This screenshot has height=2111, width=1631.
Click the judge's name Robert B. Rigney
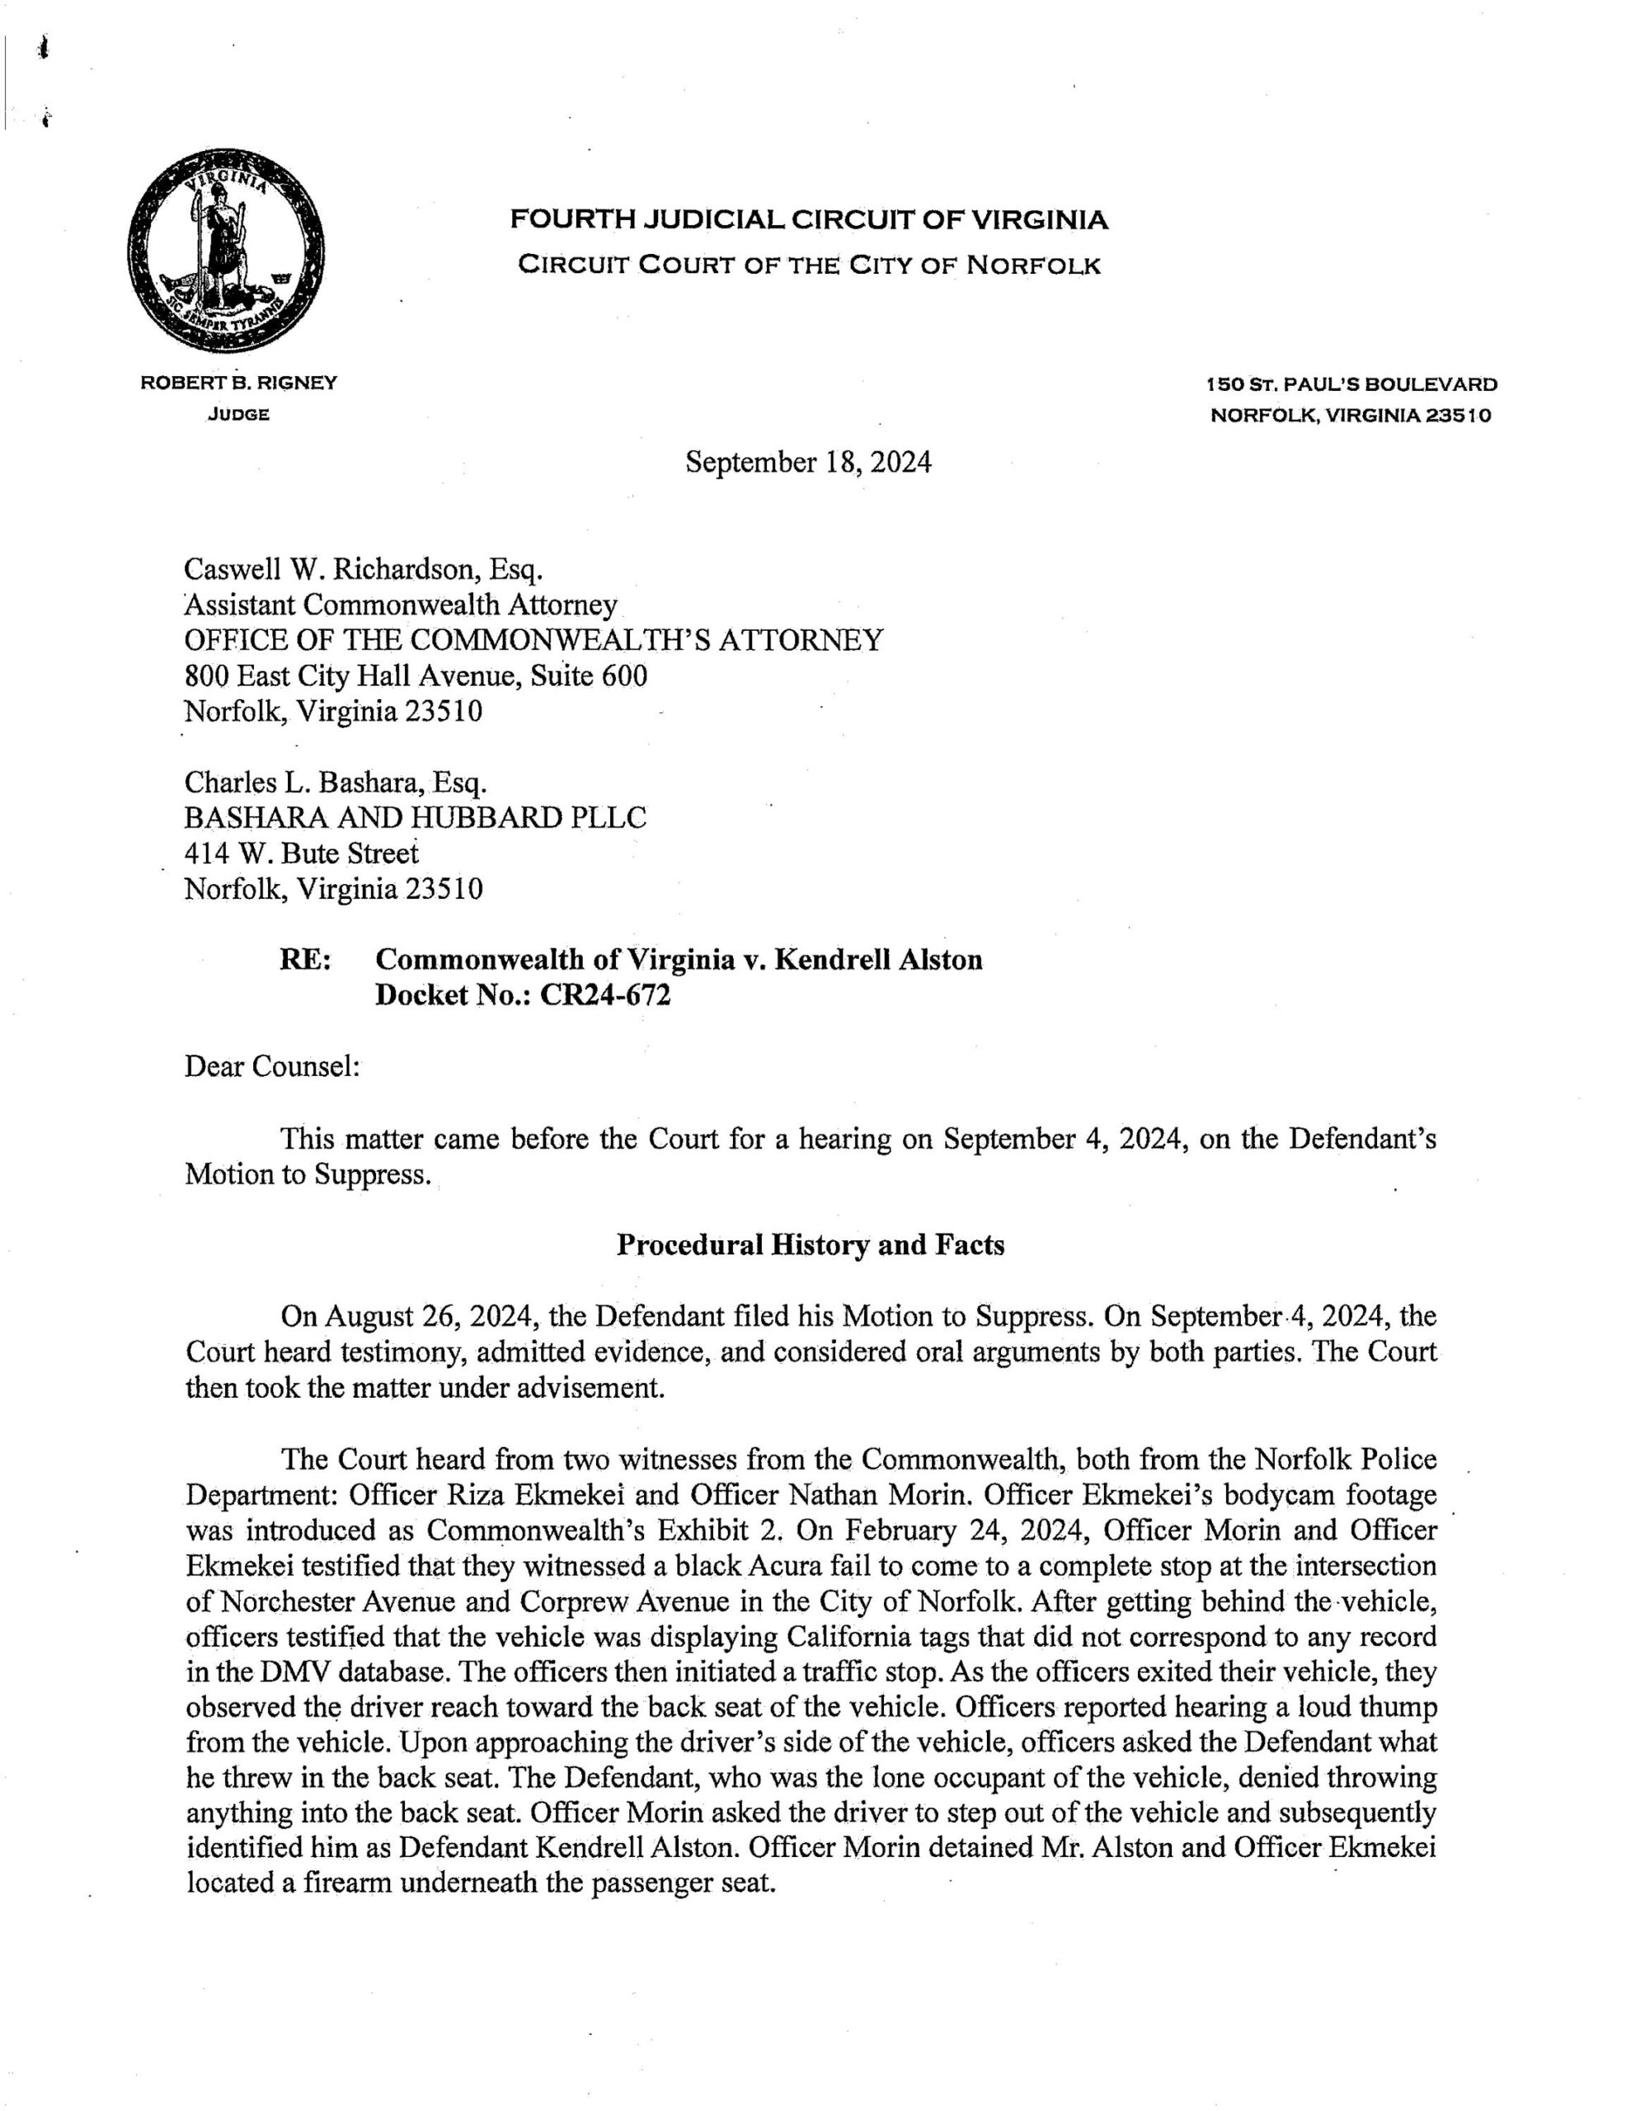point(239,383)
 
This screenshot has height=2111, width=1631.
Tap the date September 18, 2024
point(808,463)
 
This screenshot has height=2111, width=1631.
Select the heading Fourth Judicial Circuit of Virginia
point(808,221)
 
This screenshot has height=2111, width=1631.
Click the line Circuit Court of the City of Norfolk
point(808,265)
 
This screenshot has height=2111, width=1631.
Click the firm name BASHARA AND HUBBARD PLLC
point(415,818)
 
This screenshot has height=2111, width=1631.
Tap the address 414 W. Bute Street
point(302,853)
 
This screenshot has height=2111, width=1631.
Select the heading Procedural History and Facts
point(811,1246)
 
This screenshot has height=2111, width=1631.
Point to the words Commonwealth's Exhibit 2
point(592,1531)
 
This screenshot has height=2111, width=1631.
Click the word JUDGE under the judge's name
point(237,416)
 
